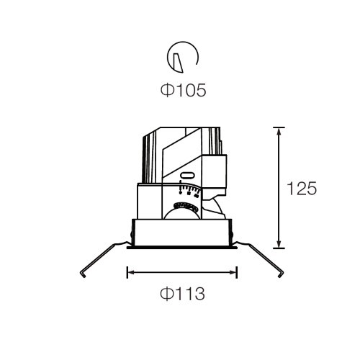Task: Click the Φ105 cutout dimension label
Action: (183, 90)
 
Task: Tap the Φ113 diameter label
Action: (182, 294)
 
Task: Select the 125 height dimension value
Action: (302, 189)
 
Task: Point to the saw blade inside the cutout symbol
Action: (178, 63)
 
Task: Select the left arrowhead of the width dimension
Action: (131, 272)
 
